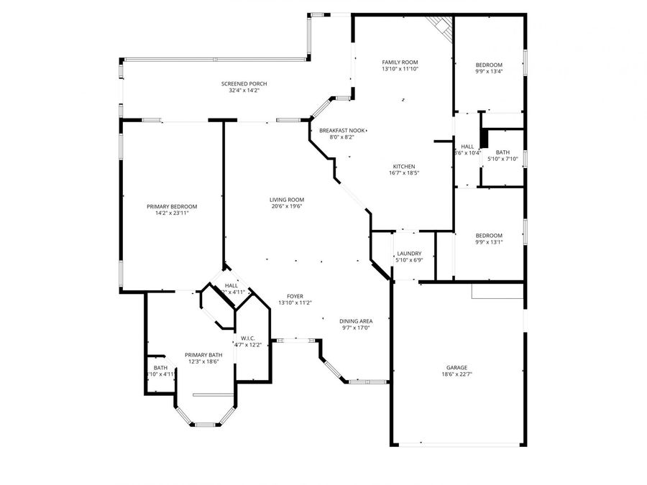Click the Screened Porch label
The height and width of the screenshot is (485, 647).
tap(244, 84)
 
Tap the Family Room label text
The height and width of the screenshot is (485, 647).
tap(400, 63)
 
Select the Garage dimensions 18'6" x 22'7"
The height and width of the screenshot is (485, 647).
tap(456, 374)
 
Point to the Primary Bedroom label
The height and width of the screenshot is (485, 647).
tap(172, 206)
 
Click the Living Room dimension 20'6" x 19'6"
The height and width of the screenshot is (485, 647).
tap(287, 206)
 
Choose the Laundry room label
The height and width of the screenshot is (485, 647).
tap(409, 253)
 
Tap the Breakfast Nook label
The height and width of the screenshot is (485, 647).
tap(343, 130)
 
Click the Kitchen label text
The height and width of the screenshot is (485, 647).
tap(403, 166)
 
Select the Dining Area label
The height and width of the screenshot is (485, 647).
tap(356, 321)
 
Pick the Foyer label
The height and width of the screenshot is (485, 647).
tap(295, 296)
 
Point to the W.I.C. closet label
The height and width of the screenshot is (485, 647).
tap(248, 338)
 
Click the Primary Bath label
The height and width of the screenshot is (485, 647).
tap(203, 355)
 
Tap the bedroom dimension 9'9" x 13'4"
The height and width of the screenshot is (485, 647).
tap(489, 71)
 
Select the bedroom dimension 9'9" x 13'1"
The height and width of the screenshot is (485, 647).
tap(489, 242)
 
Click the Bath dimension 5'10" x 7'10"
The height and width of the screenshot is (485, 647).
tap(503, 159)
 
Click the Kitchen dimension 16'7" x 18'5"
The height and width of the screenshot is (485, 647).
tap(403, 172)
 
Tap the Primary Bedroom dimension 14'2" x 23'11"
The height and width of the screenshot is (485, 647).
tap(172, 213)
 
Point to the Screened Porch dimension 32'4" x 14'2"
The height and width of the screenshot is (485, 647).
tap(244, 91)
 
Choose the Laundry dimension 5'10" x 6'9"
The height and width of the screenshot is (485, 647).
tap(409, 259)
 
